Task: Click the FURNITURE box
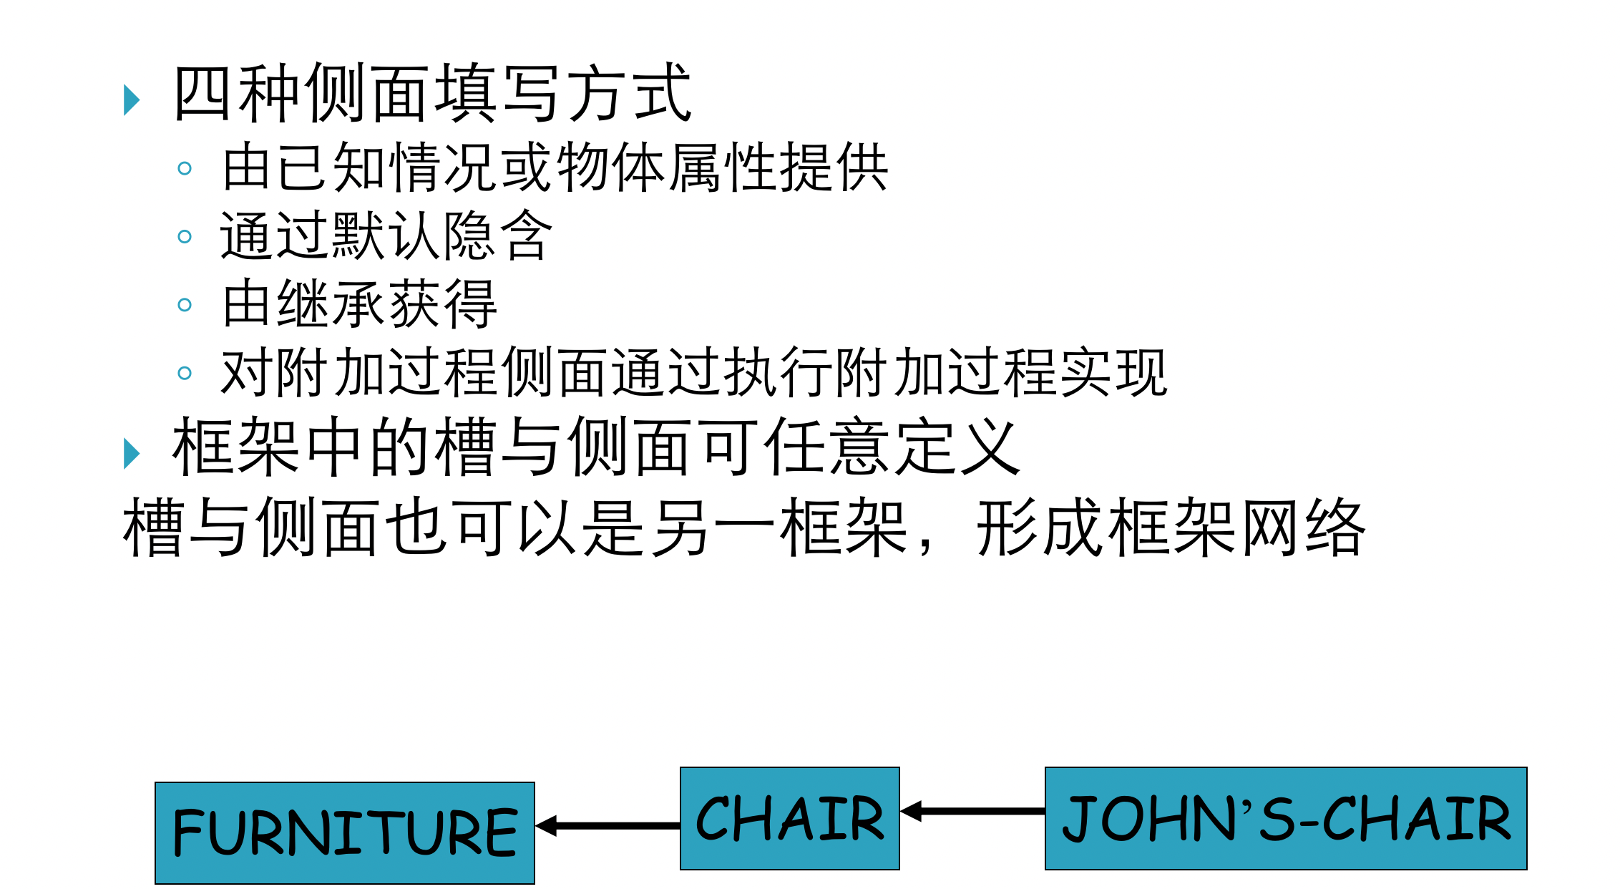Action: click(x=344, y=832)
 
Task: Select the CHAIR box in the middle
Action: click(x=789, y=818)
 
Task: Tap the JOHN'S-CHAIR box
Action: click(x=1285, y=818)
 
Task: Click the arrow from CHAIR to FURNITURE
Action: click(x=608, y=826)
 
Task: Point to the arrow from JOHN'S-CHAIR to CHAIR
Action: click(x=972, y=811)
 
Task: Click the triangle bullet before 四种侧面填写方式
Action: click(x=131, y=99)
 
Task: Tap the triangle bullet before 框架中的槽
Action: click(x=131, y=453)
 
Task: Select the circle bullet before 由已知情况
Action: click(x=185, y=168)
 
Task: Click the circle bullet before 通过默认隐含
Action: click(x=185, y=236)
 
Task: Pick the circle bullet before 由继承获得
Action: click(x=185, y=305)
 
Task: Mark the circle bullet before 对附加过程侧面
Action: click(x=185, y=373)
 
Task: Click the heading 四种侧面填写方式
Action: click(x=432, y=93)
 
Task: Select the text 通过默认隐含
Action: click(x=386, y=235)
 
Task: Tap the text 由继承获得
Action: click(x=359, y=304)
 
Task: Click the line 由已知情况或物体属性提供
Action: click(x=555, y=167)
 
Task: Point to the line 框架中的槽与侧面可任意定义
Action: click(x=596, y=448)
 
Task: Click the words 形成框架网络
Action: click(x=1171, y=528)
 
